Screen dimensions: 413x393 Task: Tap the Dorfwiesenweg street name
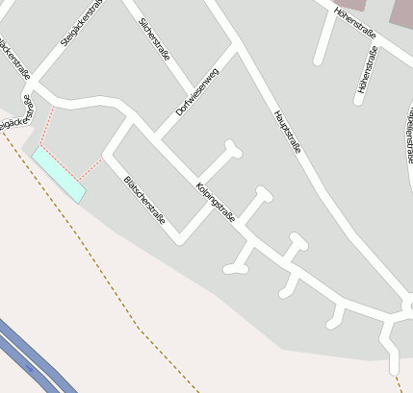[196, 94]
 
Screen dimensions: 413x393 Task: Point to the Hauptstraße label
[288, 132]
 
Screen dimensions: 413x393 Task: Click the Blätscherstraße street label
[144, 201]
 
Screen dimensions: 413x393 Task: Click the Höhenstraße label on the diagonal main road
[354, 21]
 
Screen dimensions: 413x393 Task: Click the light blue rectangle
[59, 173]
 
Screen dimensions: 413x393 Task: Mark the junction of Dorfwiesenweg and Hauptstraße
[235, 43]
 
